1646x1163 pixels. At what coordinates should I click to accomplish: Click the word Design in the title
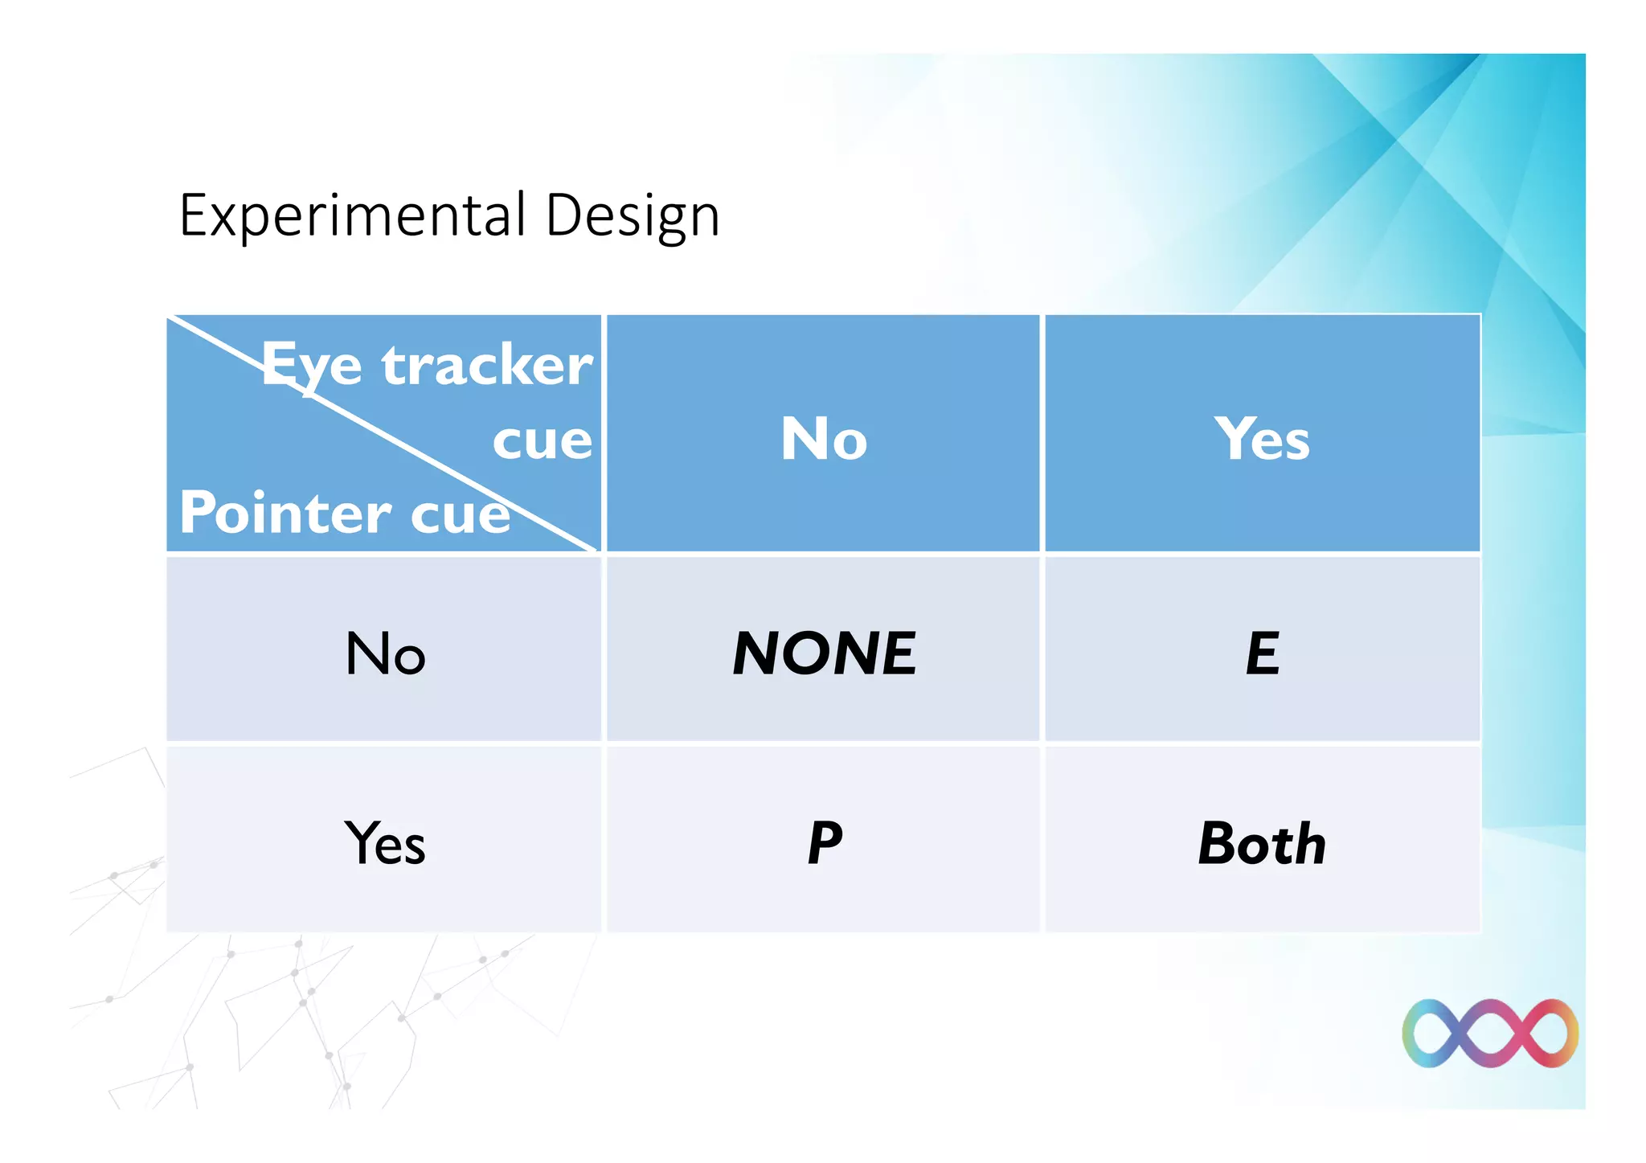coord(633,215)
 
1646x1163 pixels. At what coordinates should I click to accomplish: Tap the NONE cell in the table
coord(824,653)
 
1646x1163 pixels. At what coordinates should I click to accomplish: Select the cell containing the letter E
coord(1263,653)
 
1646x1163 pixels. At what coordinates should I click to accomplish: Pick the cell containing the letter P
coord(824,843)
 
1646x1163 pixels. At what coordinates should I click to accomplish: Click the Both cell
coord(1263,843)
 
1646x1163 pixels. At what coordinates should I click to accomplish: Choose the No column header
coord(824,439)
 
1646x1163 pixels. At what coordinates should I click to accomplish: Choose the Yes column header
coord(1263,439)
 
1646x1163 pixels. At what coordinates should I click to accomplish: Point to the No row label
coord(385,653)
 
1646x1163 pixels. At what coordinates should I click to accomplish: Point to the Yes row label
coord(385,843)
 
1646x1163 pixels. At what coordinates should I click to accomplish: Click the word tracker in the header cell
coord(487,366)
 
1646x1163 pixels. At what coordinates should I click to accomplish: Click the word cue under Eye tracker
coord(543,441)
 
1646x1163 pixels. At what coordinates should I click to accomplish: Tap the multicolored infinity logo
coord(1490,1033)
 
